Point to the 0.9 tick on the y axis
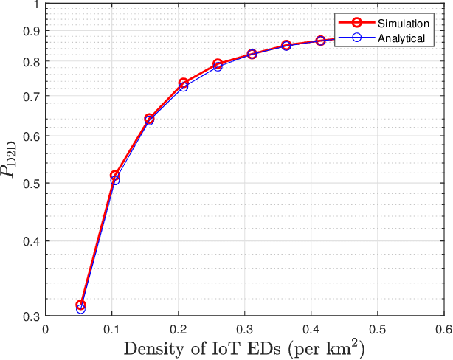(x=32, y=31)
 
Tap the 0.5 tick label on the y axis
(x=32, y=183)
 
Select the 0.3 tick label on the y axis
(x=32, y=316)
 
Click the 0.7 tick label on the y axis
(x=32, y=96)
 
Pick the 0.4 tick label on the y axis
(x=32, y=241)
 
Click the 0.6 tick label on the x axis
(x=443, y=328)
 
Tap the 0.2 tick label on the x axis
(x=178, y=328)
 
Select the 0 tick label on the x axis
(x=46, y=328)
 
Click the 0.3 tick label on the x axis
(x=244, y=328)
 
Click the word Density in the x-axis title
(x=150, y=347)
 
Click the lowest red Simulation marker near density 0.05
(x=81, y=305)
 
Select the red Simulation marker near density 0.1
(x=114, y=176)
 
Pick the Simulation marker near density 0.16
(x=149, y=119)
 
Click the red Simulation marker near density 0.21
(x=183, y=83)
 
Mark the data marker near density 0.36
(x=286, y=46)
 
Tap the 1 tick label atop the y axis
(x=37, y=5)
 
